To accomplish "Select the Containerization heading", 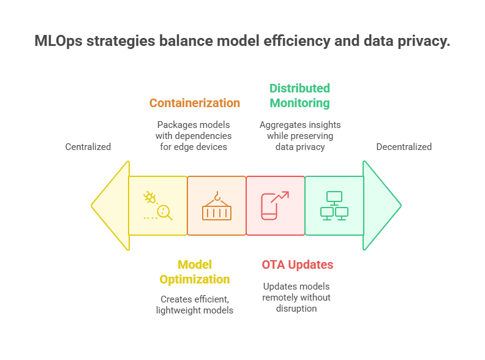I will pos(195,103).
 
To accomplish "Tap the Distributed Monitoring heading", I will pos(300,96).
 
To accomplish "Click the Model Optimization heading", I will pos(195,272).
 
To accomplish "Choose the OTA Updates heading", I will pos(298,265).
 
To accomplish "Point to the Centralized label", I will pos(88,147).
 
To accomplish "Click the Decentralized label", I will pos(404,147).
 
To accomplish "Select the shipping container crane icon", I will pos(217,206).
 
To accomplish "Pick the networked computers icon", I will pos(334,206).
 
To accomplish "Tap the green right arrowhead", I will pos(381,206).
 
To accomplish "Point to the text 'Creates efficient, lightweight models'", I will pos(195,305).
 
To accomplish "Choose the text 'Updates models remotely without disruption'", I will pos(297,298).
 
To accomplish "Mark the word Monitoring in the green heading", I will pos(300,103).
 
